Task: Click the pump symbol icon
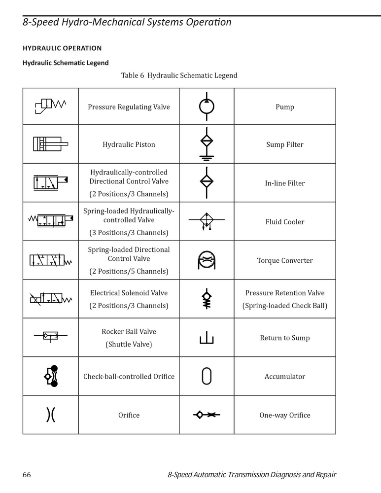[x=207, y=106]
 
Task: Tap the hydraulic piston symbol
[x=50, y=144]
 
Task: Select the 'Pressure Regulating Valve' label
[x=129, y=107]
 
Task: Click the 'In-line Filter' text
[x=285, y=183]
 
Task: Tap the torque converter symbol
[x=207, y=260]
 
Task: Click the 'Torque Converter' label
[x=285, y=260]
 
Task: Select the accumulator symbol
[x=207, y=376]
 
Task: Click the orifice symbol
[x=50, y=415]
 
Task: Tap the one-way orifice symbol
[x=206, y=415]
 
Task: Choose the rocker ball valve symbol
[x=50, y=336]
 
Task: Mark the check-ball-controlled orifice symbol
[x=50, y=376]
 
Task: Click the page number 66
[x=27, y=475]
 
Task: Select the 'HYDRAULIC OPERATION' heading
[x=62, y=48]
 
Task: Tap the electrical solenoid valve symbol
[x=50, y=298]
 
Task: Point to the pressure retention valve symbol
[x=207, y=299]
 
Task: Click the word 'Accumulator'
[x=285, y=376]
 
